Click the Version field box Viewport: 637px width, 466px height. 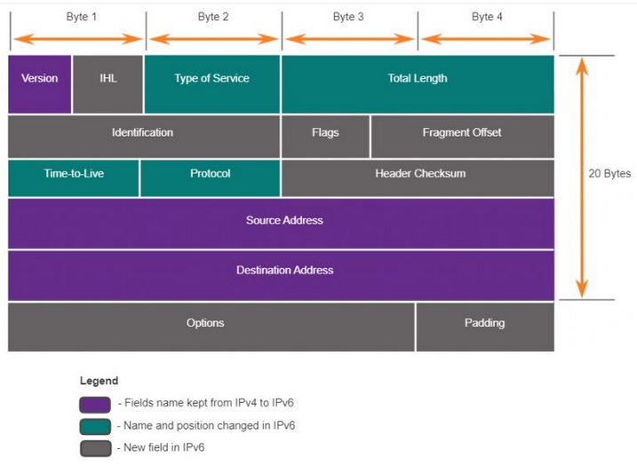tap(40, 84)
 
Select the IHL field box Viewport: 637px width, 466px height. tap(108, 84)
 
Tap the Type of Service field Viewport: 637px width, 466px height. tap(212, 84)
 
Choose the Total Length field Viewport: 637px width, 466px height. tap(418, 84)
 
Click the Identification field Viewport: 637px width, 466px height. tap(144, 137)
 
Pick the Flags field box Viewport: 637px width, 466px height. tap(325, 137)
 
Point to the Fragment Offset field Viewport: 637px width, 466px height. tap(463, 137)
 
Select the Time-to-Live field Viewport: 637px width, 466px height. tap(74, 178)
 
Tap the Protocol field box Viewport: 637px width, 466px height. tap(211, 178)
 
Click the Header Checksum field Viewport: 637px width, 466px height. tap(418, 178)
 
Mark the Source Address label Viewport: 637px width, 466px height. tap(284, 220)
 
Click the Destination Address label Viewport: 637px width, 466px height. tap(285, 270)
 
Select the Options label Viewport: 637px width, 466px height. tap(205, 323)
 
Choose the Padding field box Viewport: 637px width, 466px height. tap(485, 328)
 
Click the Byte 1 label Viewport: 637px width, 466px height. tap(81, 17)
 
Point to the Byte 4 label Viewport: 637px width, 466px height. tap(487, 17)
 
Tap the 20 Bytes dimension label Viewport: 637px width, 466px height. tap(609, 174)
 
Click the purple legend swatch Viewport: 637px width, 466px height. tap(95, 404)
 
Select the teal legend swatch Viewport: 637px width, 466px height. tap(95, 427)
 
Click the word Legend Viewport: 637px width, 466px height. tap(100, 381)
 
